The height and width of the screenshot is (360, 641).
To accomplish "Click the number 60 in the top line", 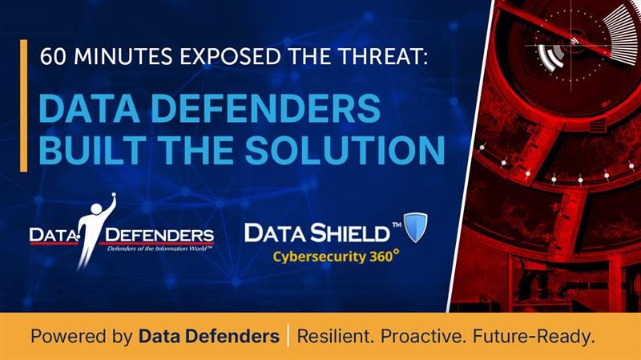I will (50, 58).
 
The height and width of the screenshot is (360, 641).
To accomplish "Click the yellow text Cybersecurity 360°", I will (332, 257).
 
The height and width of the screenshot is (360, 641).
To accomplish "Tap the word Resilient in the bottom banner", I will (334, 337).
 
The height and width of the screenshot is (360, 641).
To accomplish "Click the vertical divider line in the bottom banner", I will (288, 337).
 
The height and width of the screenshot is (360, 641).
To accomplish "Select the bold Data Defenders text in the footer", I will (208, 337).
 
